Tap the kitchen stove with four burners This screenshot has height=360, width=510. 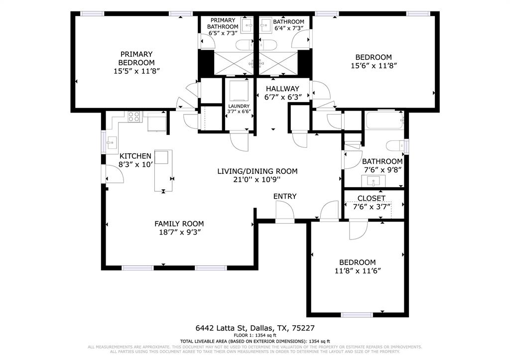pos(134,117)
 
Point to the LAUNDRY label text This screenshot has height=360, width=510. pos(239,106)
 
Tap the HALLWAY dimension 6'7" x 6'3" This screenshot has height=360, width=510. pos(282,98)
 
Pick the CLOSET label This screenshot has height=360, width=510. pos(372,198)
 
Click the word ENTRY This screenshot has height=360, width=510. pos(285,196)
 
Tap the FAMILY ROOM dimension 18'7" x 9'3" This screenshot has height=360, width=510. pos(179,232)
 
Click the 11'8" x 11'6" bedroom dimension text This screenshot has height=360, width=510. pos(357,271)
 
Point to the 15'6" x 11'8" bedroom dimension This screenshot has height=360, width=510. pos(373,66)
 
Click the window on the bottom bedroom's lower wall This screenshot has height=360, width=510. pos(357,314)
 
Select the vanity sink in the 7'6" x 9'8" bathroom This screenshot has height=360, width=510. pos(374,180)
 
